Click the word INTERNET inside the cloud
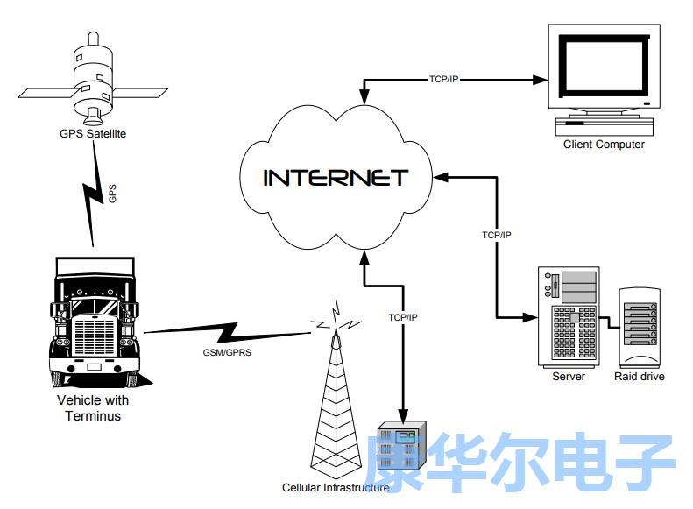pos(336,178)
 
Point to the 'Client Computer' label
pos(604,145)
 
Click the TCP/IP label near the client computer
pos(443,80)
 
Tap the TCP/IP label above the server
pos(497,235)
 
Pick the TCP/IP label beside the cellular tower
pos(404,316)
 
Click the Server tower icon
pos(569,317)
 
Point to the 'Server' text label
pos(569,377)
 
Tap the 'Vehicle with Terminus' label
pos(93,408)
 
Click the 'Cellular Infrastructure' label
pos(335,488)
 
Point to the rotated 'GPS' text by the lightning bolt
pos(112,194)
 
